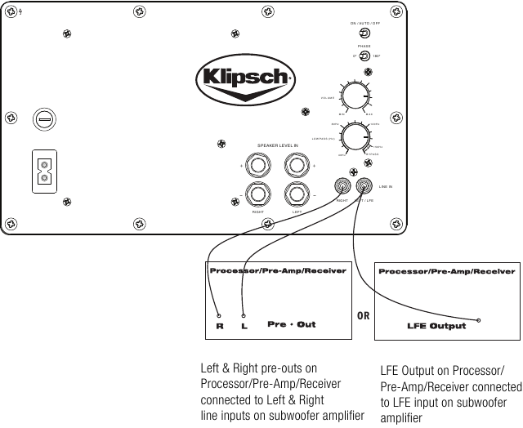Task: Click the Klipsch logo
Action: pos(244,78)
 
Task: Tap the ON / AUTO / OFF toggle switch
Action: pos(364,34)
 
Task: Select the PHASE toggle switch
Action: pos(364,56)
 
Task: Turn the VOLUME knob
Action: pos(355,97)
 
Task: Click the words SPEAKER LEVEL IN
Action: pos(278,145)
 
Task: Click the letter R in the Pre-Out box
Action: pos(219,326)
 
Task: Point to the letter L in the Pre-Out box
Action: pos(244,326)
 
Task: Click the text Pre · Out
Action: pos(292,324)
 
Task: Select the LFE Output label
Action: pos(436,326)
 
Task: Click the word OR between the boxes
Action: pos(365,314)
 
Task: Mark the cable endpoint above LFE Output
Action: pos(478,320)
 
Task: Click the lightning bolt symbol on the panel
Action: pos(7,11)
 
